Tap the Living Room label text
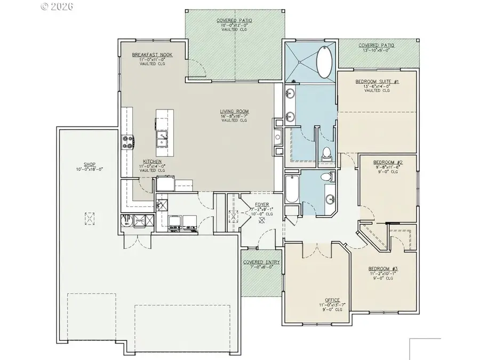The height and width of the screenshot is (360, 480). click(235, 112)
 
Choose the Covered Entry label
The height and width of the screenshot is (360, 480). click(259, 263)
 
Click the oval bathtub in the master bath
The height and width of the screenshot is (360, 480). click(324, 62)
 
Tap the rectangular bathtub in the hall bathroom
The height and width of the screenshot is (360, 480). click(292, 189)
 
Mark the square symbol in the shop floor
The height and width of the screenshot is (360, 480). click(89, 218)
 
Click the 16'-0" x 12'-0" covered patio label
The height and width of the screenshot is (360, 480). click(234, 20)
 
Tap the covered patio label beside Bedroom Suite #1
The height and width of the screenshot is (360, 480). click(377, 45)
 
